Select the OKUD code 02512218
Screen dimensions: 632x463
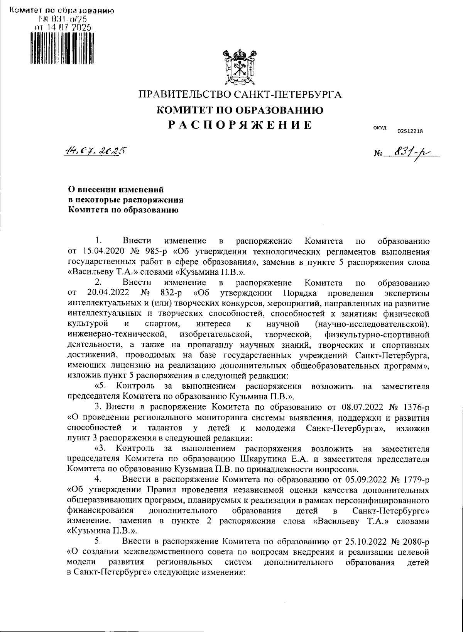[x=410, y=131]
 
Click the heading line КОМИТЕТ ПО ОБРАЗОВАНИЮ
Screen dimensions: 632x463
[x=240, y=110]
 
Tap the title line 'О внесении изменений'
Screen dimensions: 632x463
[x=116, y=190]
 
